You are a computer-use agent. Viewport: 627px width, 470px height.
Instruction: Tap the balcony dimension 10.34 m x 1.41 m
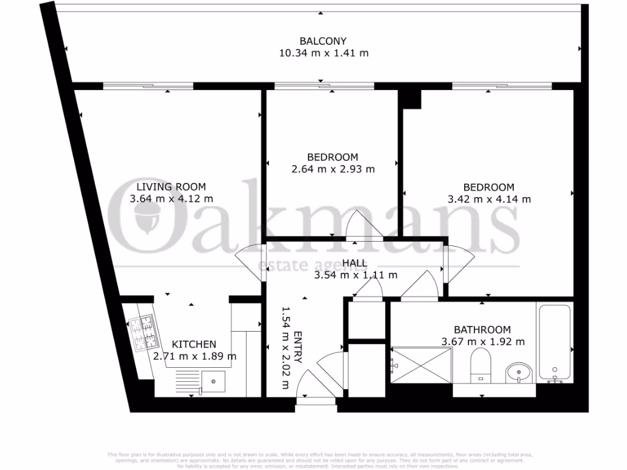click(x=324, y=53)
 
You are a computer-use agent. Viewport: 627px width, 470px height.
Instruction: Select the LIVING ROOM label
click(x=171, y=187)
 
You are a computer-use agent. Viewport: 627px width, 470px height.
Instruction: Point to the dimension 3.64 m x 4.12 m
click(x=171, y=198)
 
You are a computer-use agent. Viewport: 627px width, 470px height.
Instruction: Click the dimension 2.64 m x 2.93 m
click(x=333, y=169)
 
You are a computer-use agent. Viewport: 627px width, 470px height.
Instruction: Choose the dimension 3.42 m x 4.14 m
click(x=489, y=199)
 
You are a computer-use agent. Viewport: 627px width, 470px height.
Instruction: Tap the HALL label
click(x=355, y=263)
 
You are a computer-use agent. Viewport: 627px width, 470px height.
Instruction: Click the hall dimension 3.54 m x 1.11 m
click(x=356, y=275)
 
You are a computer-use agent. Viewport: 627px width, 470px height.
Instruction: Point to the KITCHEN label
click(x=193, y=344)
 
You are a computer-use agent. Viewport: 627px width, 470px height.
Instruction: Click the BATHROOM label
click(x=482, y=329)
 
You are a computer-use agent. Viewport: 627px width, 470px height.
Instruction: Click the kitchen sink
click(x=214, y=381)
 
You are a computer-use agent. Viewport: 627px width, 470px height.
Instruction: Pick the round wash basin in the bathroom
click(x=519, y=371)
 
